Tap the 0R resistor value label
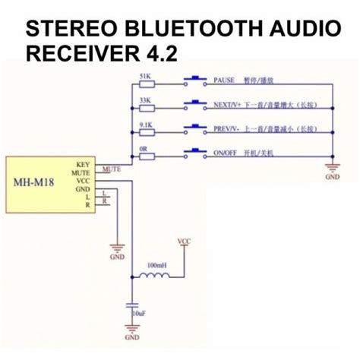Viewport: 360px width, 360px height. [146, 146]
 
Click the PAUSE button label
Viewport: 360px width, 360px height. [225, 79]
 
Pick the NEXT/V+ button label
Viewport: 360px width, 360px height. [228, 104]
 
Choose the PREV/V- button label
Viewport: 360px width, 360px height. [228, 128]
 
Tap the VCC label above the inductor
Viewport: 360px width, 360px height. [183, 242]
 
